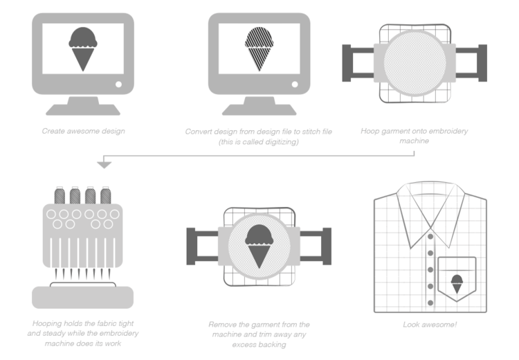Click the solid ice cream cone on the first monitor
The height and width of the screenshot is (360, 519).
(x=83, y=48)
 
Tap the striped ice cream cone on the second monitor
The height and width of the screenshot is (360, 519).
(x=259, y=48)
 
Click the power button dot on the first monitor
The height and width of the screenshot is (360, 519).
(x=118, y=84)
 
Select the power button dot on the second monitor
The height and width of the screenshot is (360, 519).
(x=294, y=84)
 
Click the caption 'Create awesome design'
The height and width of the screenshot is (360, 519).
(x=83, y=131)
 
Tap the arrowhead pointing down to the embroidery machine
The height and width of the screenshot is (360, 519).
(x=104, y=164)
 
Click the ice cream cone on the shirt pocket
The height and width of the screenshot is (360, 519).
(x=457, y=282)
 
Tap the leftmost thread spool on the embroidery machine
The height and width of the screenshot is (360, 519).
(x=60, y=196)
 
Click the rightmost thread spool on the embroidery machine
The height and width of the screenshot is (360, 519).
(x=105, y=196)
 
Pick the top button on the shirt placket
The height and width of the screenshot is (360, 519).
(x=430, y=236)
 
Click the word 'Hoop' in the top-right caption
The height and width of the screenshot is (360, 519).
(x=370, y=131)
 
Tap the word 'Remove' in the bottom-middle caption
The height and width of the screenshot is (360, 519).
(x=224, y=324)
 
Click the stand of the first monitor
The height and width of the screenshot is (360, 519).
(x=83, y=106)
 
